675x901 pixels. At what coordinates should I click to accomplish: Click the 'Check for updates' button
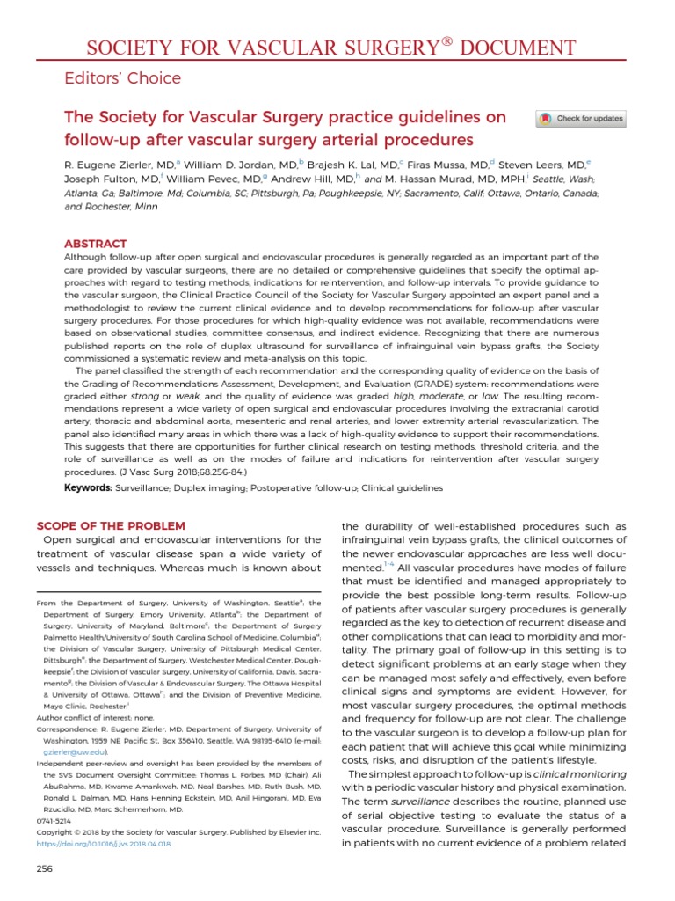pos(582,119)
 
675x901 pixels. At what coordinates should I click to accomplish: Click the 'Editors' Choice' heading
pos(122,78)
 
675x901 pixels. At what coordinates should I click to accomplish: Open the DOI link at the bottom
pos(102,843)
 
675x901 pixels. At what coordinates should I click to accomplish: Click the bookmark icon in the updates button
pos(546,119)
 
